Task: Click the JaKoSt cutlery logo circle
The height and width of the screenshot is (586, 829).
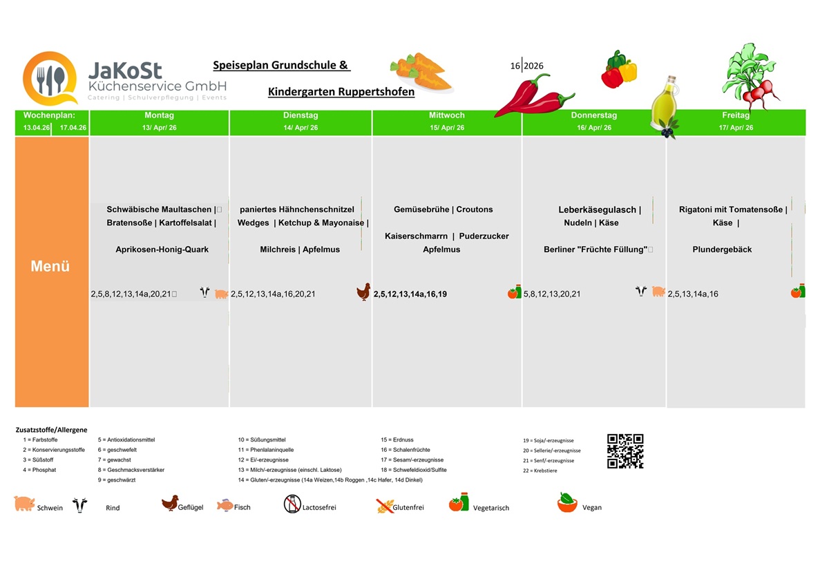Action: tap(50, 79)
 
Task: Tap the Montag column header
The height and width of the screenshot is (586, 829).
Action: tap(159, 115)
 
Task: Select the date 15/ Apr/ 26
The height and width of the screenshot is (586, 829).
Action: tap(447, 128)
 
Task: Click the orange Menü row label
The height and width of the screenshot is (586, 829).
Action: tap(50, 266)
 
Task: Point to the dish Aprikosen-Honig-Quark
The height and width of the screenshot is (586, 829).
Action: tap(162, 249)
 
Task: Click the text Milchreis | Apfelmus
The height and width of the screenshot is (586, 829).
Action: tap(300, 249)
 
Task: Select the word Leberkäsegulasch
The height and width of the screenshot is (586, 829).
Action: tap(597, 210)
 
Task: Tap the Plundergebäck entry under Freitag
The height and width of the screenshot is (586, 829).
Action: tap(722, 249)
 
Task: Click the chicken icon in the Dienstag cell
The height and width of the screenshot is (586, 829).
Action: tap(363, 292)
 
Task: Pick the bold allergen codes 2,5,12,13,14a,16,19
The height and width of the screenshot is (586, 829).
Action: tap(410, 294)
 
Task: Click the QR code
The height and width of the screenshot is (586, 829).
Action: tap(625, 451)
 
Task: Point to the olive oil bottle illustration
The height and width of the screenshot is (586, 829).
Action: tap(665, 106)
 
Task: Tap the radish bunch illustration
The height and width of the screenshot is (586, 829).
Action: tap(750, 77)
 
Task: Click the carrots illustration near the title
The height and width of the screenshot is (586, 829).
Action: tap(422, 72)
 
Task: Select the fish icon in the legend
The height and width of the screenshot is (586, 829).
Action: tap(225, 505)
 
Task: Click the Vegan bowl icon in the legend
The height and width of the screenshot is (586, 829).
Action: tap(567, 502)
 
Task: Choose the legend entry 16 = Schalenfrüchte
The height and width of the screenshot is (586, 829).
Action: tap(406, 450)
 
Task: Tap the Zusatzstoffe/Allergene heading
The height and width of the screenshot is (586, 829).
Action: tap(51, 430)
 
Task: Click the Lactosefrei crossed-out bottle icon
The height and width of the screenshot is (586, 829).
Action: tap(292, 504)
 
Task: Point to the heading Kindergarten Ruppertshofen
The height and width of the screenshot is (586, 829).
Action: tap(341, 91)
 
